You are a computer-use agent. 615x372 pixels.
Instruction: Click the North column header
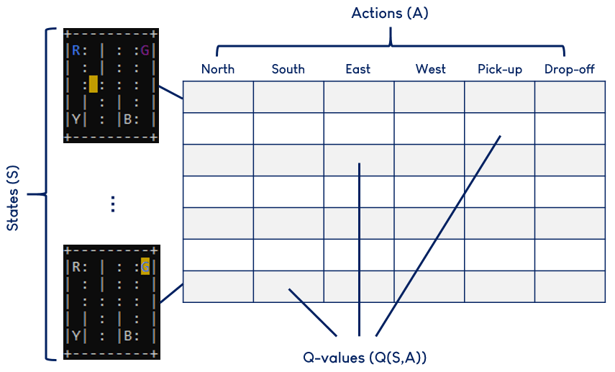point(218,69)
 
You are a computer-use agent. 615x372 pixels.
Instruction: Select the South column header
point(288,69)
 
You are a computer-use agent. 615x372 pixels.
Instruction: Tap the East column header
point(357,69)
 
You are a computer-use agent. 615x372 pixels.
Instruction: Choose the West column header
point(430,69)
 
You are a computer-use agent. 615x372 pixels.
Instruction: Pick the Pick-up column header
point(500,69)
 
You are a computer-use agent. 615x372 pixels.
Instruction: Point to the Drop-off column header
point(570,69)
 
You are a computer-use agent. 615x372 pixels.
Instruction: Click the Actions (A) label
point(390,14)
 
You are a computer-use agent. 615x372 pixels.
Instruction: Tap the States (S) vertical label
point(13,194)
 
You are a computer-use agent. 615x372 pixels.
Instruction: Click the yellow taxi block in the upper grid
point(94,85)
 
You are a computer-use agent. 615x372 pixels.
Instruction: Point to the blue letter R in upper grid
point(76,50)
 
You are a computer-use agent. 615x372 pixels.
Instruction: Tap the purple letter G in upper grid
point(145,50)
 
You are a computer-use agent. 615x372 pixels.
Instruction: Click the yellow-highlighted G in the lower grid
point(145,267)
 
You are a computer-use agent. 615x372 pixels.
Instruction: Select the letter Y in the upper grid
point(76,119)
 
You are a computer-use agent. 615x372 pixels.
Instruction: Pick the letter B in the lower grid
point(127,335)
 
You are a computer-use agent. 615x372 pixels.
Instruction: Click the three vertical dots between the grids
point(112,204)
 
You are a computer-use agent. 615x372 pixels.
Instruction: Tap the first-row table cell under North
point(218,97)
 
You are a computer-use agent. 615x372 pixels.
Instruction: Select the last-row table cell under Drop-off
point(570,286)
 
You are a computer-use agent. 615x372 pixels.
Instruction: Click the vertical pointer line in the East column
point(358,245)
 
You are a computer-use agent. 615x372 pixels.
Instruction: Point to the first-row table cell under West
point(429,97)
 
